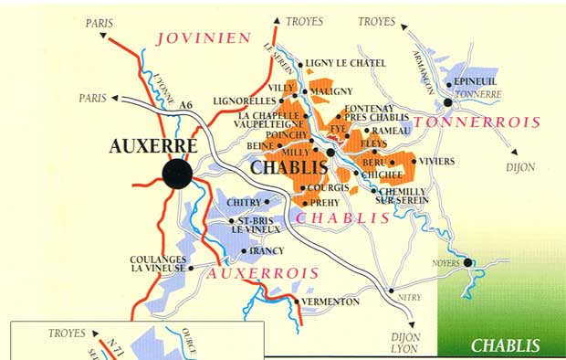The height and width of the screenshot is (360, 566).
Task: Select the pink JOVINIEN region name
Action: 203,37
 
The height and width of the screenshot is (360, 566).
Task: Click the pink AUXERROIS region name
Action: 263,273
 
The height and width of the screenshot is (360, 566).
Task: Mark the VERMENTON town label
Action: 330,302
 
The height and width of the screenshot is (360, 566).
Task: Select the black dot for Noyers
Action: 468,263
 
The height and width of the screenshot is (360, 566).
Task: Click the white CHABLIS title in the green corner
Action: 505,345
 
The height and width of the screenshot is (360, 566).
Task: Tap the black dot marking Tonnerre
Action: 447,103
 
